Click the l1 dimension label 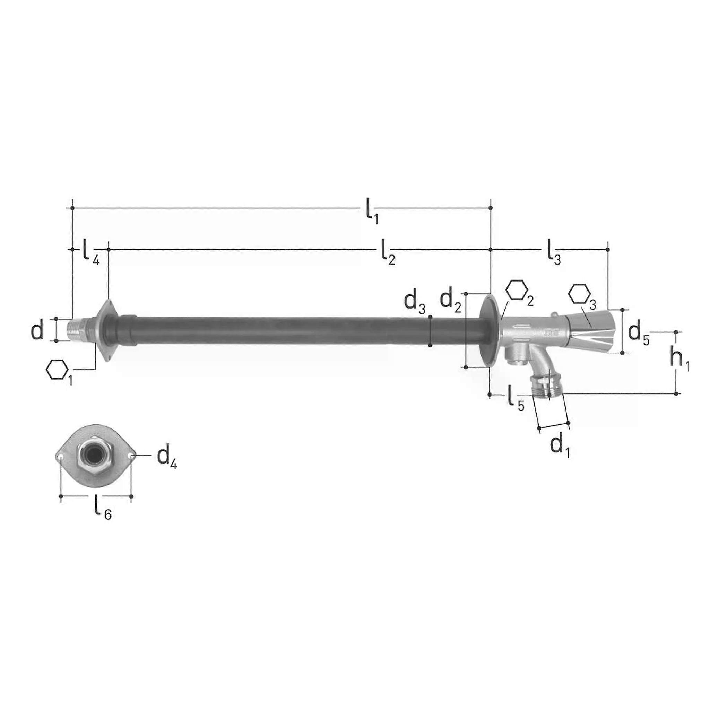pyautogui.click(x=372, y=210)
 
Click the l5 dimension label pyautogui.click(x=516, y=398)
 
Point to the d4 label pyautogui.click(x=167, y=457)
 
